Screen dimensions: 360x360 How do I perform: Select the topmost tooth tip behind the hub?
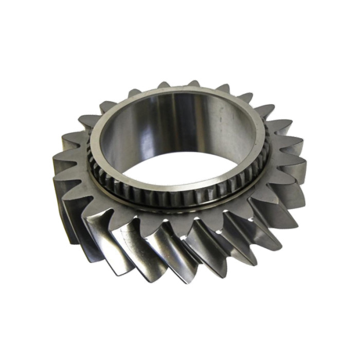coord(193,82)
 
